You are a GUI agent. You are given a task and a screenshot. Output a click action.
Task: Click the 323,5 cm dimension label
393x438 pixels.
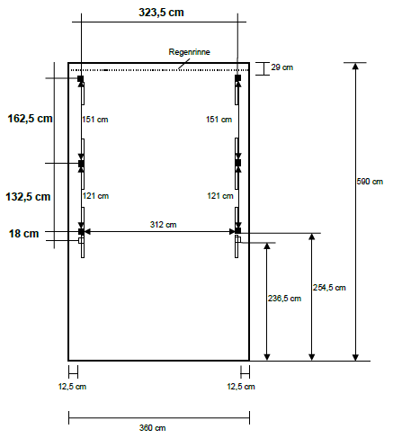(x=161, y=13)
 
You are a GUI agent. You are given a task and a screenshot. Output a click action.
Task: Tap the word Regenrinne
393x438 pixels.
(x=189, y=52)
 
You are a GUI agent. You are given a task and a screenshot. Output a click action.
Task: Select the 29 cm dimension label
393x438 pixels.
(x=281, y=67)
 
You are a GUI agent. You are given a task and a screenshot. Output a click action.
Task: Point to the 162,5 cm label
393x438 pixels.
(x=30, y=119)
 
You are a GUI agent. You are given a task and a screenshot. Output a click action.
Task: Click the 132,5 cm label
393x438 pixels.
(x=28, y=197)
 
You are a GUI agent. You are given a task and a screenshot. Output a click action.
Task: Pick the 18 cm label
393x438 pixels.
(x=23, y=234)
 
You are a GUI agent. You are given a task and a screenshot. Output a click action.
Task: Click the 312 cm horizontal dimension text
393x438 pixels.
(x=163, y=225)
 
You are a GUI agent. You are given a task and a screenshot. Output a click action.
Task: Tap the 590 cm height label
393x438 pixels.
(x=370, y=182)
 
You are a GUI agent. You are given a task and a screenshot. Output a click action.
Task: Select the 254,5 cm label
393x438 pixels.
(x=329, y=288)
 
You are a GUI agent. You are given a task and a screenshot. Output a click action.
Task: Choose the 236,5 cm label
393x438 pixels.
(x=284, y=299)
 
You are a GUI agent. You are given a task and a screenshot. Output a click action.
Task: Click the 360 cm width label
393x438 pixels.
(x=152, y=428)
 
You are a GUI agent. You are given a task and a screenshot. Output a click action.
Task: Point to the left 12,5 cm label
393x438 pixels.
(x=72, y=387)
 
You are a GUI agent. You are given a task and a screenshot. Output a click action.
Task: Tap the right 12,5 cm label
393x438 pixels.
(x=241, y=387)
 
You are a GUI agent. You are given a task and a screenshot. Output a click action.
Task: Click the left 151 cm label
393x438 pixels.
(x=95, y=120)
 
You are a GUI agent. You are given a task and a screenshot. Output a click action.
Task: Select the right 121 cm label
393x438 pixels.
(x=220, y=196)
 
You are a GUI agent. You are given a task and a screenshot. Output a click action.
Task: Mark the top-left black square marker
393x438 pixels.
(x=81, y=78)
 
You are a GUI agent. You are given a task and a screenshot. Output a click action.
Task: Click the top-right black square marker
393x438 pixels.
(x=237, y=78)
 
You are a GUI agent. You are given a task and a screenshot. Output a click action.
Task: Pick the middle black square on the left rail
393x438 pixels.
(x=81, y=164)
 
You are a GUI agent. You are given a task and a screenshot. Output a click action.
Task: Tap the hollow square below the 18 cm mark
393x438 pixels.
(x=81, y=240)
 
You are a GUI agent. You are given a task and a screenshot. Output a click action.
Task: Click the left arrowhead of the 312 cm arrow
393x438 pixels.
(x=87, y=231)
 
